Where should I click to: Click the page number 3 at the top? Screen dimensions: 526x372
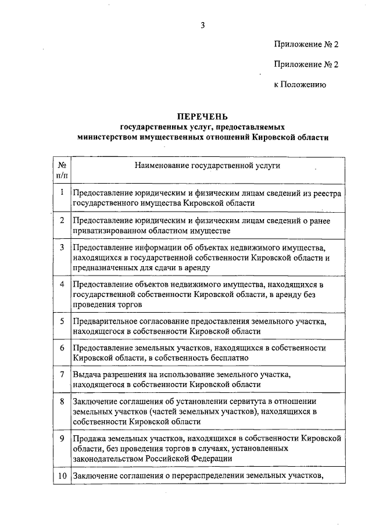203,24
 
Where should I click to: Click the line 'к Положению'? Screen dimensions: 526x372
300,85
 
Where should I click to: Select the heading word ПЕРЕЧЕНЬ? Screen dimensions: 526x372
203,116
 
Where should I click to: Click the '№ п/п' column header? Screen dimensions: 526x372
62,170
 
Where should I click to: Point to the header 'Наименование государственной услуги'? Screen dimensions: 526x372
208,166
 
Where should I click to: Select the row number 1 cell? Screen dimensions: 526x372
62,192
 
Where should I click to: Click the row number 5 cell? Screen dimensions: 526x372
62,321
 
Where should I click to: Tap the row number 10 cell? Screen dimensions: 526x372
62,477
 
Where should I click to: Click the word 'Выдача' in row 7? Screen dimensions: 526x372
85,374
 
